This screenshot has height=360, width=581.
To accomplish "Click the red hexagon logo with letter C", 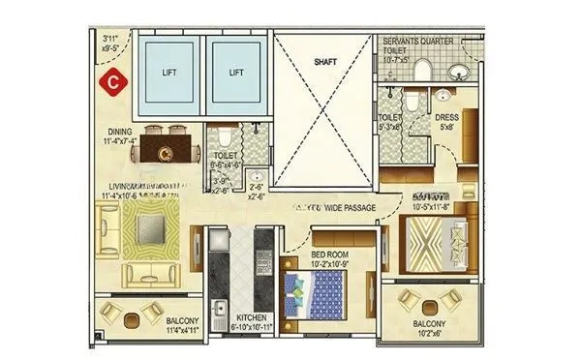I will [x=114, y=80].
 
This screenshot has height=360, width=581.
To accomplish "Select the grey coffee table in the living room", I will [x=150, y=228].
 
